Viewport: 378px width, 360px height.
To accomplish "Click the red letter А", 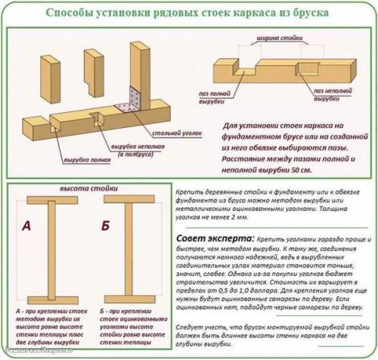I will [26, 225].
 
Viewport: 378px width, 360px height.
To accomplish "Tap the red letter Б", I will [104, 225].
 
